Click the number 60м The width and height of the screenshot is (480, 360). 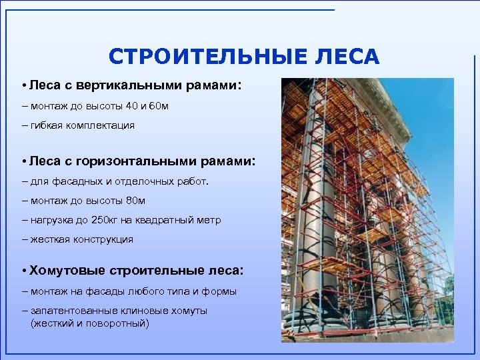point(157,106)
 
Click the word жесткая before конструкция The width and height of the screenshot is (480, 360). point(48,239)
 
